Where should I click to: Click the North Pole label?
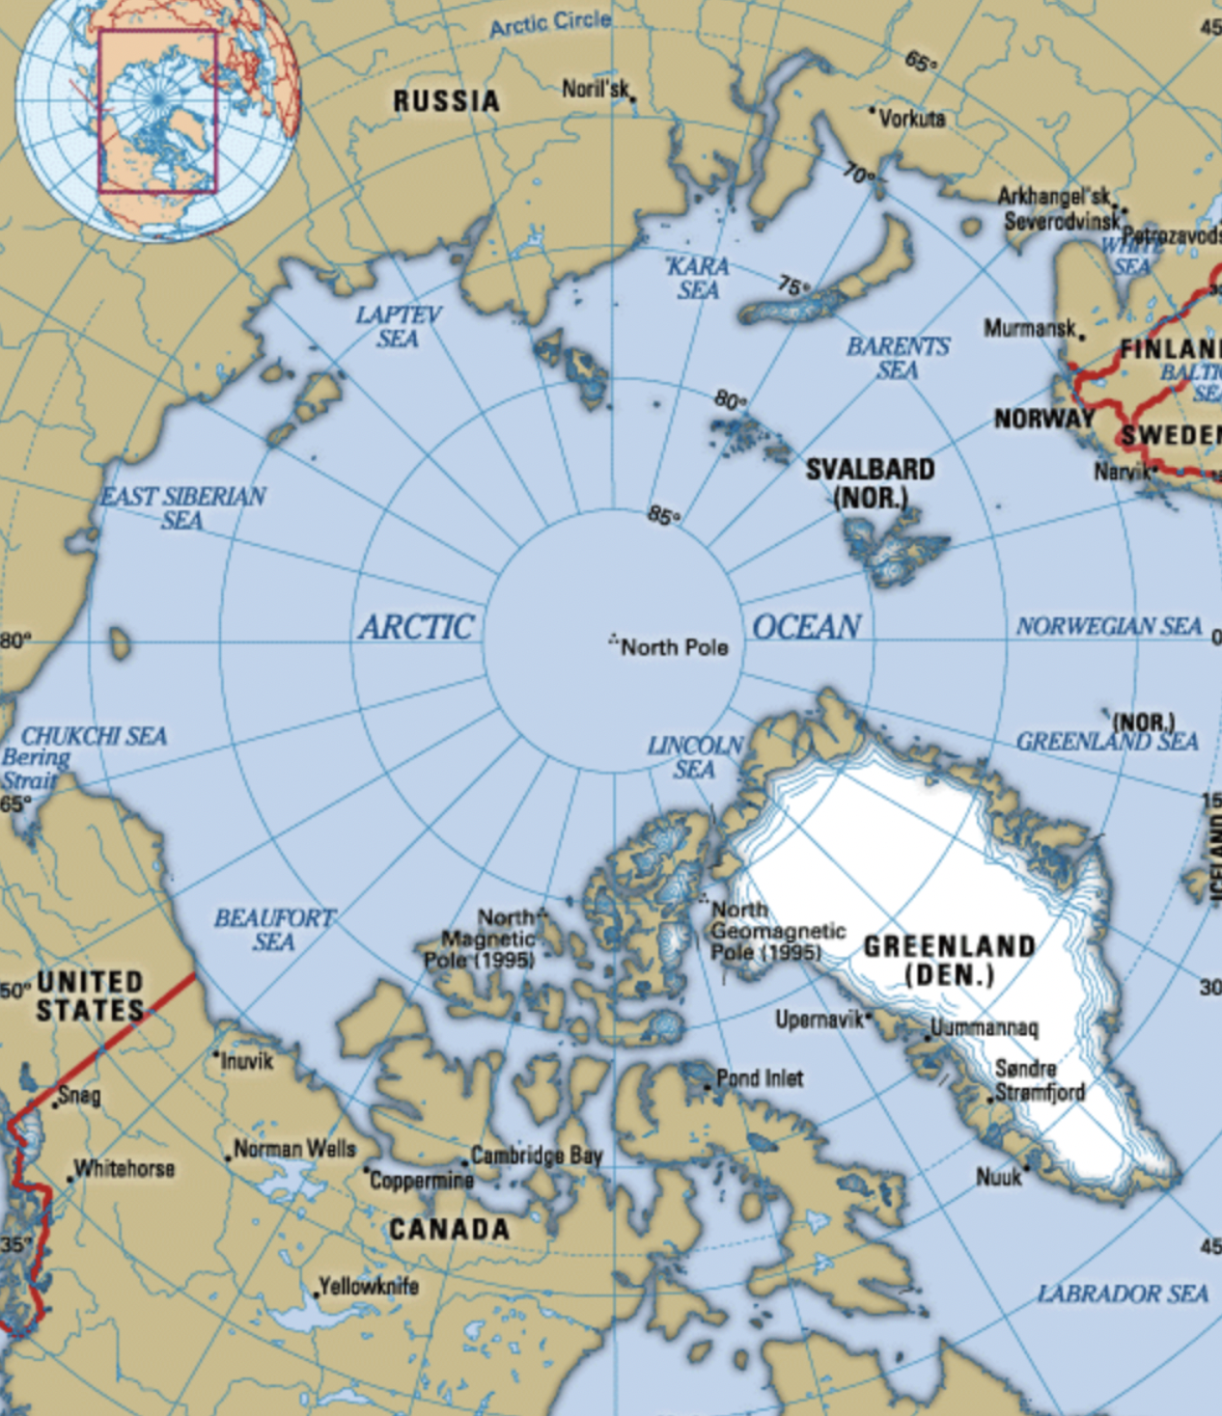click(x=674, y=647)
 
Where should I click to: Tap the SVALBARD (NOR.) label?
click(x=870, y=483)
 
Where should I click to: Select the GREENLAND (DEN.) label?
click(x=949, y=960)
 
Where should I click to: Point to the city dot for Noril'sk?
click(x=633, y=98)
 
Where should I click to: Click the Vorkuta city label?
click(x=912, y=119)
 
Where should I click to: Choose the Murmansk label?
click(x=1029, y=328)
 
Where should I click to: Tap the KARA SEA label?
click(x=698, y=278)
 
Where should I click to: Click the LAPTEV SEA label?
click(x=398, y=326)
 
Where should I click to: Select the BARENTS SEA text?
click(x=898, y=358)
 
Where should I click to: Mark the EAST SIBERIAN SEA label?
click(x=183, y=507)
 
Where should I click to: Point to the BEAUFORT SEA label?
click(x=274, y=929)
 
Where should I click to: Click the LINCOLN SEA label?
click(x=695, y=757)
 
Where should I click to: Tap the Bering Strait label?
click(x=35, y=769)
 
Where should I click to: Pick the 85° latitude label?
click(x=662, y=516)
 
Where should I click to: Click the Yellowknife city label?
click(x=369, y=1286)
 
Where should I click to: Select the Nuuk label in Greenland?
click(x=998, y=1176)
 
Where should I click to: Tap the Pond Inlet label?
click(x=760, y=1077)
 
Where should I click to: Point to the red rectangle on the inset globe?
click(x=157, y=111)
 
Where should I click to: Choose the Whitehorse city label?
click(x=125, y=1168)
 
